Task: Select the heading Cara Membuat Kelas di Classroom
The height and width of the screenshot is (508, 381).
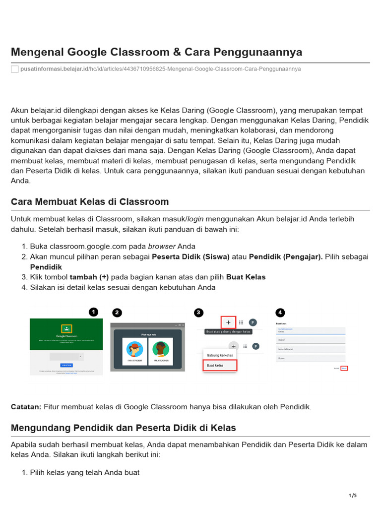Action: pyautogui.click(x=90, y=202)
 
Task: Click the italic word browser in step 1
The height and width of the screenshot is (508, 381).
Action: pyautogui.click(x=162, y=246)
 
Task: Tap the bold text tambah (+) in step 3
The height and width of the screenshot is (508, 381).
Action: pyautogui.click(x=89, y=277)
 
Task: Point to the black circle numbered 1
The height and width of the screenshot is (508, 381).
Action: pyautogui.click(x=93, y=312)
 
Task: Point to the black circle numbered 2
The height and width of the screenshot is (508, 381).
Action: pyautogui.click(x=117, y=313)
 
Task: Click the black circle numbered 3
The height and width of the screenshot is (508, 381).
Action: pyautogui.click(x=199, y=313)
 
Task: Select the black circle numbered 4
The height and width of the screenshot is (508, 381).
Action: pyautogui.click(x=281, y=313)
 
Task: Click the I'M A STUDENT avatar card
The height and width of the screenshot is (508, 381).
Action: pyautogui.click(x=134, y=352)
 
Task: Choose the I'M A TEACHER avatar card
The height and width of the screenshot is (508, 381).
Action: pyautogui.click(x=160, y=352)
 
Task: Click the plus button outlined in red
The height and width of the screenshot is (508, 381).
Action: pyautogui.click(x=228, y=322)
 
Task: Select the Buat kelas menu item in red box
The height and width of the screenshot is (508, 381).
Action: pyautogui.click(x=220, y=366)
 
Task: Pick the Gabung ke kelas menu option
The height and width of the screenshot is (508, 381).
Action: pyautogui.click(x=220, y=355)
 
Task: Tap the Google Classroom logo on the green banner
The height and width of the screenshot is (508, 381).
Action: pyautogui.click(x=66, y=328)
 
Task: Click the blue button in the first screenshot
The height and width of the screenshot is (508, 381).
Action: pyautogui.click(x=66, y=365)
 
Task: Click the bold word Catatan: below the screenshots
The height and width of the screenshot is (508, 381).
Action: pyautogui.click(x=26, y=407)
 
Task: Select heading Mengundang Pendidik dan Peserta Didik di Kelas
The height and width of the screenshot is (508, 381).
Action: pyautogui.click(x=124, y=428)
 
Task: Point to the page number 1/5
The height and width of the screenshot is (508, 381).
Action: pyautogui.click(x=353, y=496)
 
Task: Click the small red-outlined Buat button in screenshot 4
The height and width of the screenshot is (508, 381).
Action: pyautogui.click(x=344, y=368)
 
